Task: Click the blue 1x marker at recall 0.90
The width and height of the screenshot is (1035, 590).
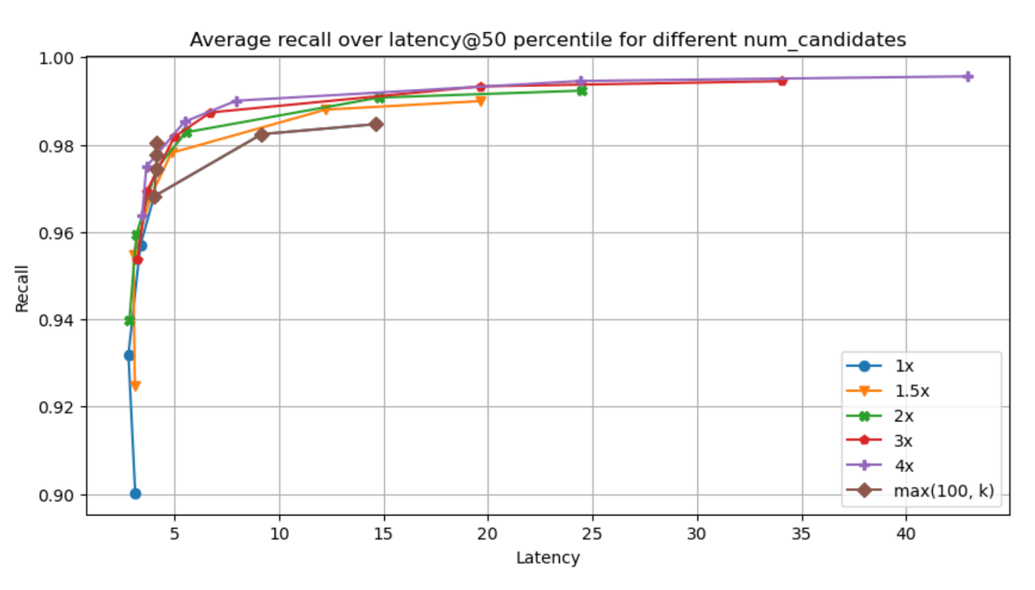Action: [135, 494]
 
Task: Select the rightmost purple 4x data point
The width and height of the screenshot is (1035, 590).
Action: [968, 77]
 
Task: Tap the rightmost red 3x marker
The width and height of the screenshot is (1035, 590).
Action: [782, 81]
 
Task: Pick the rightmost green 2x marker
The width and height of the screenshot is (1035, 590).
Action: [582, 91]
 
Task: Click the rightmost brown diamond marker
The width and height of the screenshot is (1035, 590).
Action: [376, 124]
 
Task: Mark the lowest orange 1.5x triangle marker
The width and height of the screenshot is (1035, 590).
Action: [135, 386]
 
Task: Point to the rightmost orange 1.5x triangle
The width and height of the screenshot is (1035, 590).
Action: [481, 101]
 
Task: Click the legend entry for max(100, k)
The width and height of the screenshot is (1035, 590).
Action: [919, 491]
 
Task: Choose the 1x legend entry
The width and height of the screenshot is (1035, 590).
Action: [880, 367]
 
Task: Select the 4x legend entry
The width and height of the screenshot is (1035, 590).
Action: [880, 466]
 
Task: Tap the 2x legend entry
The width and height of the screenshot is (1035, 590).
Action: [880, 416]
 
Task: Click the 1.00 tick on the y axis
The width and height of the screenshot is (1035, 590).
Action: [56, 59]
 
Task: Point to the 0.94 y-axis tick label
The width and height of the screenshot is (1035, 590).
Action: [56, 321]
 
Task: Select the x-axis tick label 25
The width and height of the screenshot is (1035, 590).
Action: [592, 534]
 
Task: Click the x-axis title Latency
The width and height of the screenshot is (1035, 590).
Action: [548, 558]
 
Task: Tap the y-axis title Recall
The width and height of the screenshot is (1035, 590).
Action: [22, 289]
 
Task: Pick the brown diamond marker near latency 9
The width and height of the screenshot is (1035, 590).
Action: [262, 135]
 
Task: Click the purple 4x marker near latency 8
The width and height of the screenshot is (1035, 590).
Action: [236, 101]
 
